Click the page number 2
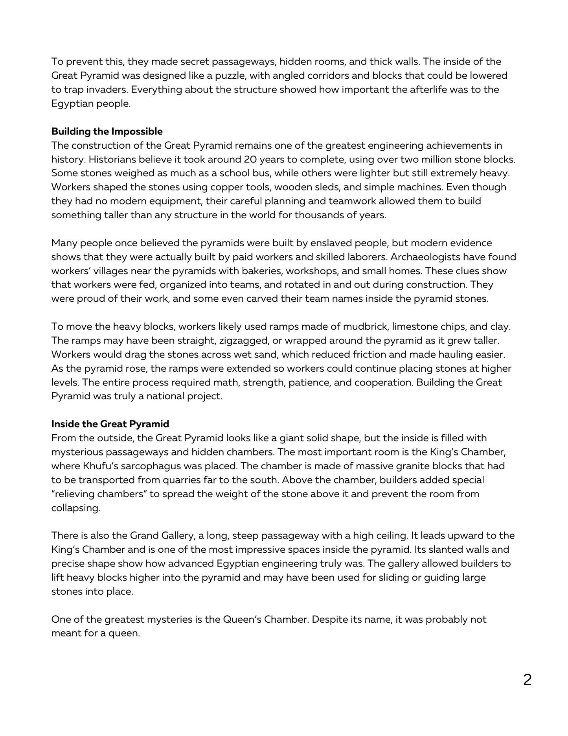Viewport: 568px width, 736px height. [x=527, y=680]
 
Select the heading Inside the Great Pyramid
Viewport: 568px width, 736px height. [x=110, y=424]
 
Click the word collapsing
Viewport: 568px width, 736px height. [x=75, y=508]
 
